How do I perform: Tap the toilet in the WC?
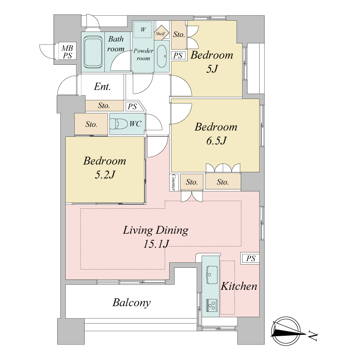(118, 124)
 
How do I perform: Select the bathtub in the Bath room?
(93, 52)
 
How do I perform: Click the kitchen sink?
(212, 275)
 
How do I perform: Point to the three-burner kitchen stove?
(211, 305)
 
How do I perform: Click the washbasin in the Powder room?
(162, 56)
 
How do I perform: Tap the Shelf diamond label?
(160, 33)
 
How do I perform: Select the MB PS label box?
(67, 52)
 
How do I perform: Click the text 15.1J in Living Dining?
(156, 244)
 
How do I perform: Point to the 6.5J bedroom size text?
(216, 140)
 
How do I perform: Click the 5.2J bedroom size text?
(105, 175)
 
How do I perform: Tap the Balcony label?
(131, 302)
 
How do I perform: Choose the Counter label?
(174, 182)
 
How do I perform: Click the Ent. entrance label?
(103, 86)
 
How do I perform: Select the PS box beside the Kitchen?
(251, 258)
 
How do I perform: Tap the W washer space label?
(143, 30)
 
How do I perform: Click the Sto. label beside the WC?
(91, 124)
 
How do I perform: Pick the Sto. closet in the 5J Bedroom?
(179, 35)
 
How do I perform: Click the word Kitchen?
(239, 286)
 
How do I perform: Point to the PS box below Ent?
(132, 107)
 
